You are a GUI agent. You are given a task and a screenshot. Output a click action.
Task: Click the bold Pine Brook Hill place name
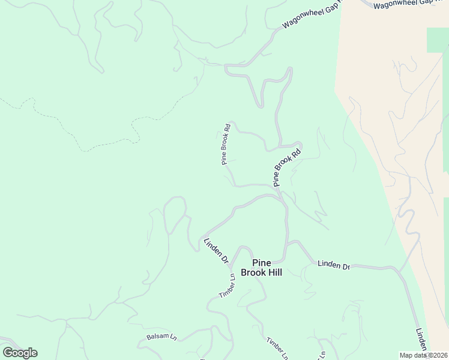[x=261, y=267]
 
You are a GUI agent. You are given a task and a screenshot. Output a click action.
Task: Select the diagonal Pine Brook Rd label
[x=286, y=168]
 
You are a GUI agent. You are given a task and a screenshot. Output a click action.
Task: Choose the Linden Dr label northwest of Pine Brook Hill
[x=216, y=251]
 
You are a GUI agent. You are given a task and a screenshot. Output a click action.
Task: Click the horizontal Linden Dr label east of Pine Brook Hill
[x=334, y=265]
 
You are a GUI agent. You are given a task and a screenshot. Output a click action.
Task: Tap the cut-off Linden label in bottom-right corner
[x=422, y=340]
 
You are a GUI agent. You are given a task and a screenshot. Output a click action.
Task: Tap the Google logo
[x=20, y=353]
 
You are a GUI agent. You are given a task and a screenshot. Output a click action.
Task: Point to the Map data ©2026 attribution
[x=423, y=355]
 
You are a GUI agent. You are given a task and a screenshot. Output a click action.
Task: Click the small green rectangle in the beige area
[x=438, y=40]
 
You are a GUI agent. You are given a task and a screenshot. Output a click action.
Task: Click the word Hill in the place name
[x=271, y=272]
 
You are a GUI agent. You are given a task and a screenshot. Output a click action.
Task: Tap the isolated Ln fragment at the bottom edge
[x=322, y=355]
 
